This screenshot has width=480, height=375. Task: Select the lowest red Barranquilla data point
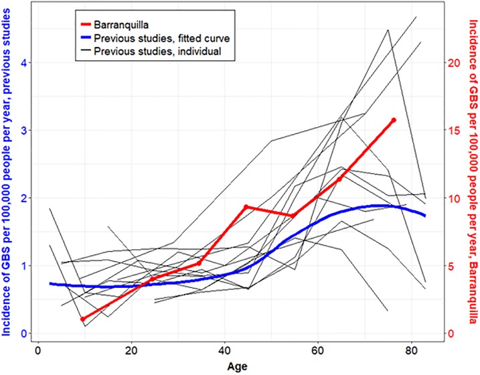point(83,319)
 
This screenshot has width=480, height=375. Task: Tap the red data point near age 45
point(246,207)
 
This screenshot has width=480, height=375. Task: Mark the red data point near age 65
point(339,179)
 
